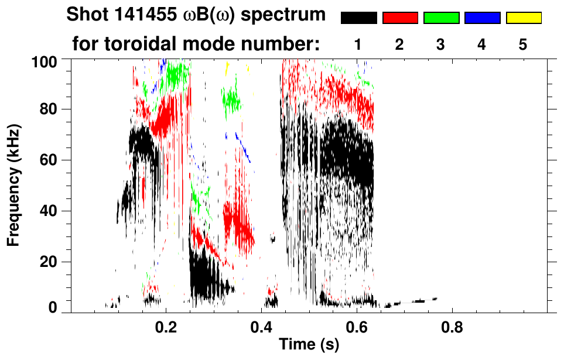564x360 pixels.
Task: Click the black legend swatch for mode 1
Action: (358, 18)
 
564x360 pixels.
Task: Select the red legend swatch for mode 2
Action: (400, 18)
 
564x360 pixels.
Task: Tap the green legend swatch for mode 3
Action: (441, 18)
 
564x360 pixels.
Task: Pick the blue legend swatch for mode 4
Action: (482, 18)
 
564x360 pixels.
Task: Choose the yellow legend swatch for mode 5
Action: (524, 18)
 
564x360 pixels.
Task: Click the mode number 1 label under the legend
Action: (358, 44)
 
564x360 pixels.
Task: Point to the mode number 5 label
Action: (523, 44)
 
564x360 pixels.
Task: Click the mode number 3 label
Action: (441, 44)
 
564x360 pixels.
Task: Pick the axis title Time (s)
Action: (308, 345)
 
